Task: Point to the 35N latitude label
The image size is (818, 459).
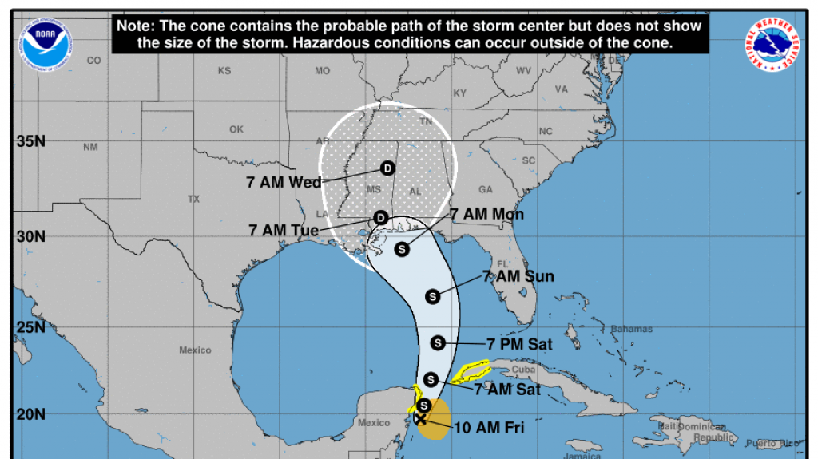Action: (30, 142)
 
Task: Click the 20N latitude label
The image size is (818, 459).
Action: (30, 413)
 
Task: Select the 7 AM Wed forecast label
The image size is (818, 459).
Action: (284, 182)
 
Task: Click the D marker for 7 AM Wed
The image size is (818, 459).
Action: (387, 168)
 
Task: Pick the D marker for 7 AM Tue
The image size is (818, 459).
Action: (381, 217)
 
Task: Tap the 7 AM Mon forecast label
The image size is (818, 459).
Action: (486, 215)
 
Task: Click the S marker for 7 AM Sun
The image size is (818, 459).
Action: (432, 296)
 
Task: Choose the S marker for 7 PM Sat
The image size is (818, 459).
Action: (437, 343)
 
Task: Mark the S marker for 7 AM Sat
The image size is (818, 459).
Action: (431, 379)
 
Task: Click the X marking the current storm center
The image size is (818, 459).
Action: (420, 418)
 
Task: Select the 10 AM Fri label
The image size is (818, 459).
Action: (488, 427)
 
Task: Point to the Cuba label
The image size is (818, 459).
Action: (522, 370)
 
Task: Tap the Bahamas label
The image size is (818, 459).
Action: (631, 329)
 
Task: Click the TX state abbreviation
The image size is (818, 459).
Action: (193, 199)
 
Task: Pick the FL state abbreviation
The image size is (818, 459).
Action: (502, 263)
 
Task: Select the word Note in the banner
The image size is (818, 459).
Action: (135, 26)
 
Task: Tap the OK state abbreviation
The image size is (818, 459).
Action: (236, 129)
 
